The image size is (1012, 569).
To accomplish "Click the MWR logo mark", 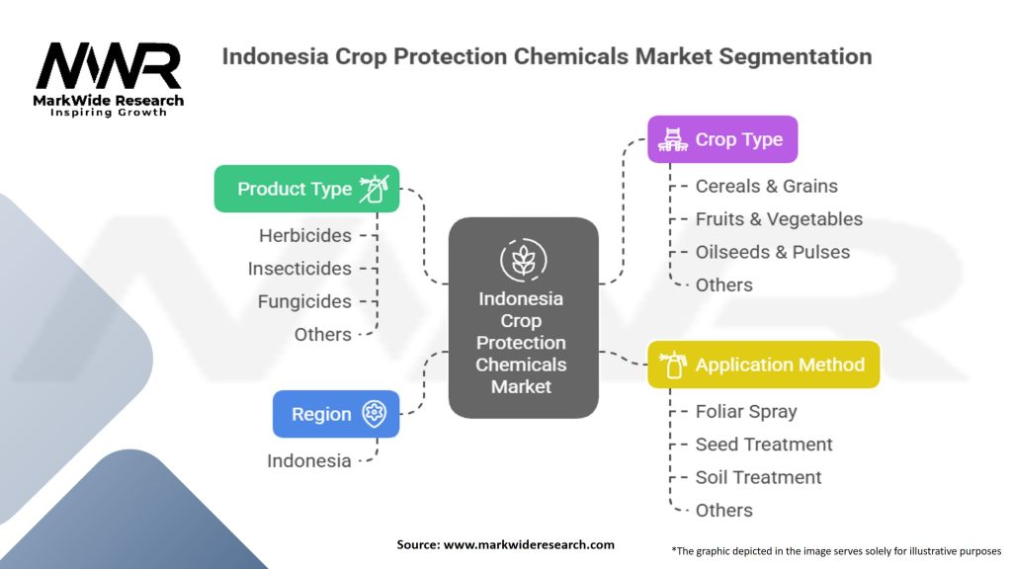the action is click(x=109, y=66).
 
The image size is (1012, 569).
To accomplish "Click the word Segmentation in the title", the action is click(x=796, y=56).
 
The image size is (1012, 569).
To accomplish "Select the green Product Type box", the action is click(x=306, y=189).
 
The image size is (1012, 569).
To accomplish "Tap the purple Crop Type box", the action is click(x=722, y=139).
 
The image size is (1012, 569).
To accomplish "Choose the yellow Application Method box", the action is click(x=764, y=365).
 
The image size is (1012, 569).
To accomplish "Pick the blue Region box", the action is click(x=336, y=414).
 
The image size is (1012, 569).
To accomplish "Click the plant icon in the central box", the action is click(x=524, y=260).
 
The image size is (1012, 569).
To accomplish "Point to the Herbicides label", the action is click(x=305, y=235).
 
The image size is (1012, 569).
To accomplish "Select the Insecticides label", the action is click(x=299, y=269).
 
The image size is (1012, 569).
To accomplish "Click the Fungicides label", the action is click(x=304, y=301).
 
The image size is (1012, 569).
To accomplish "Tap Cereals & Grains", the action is click(x=766, y=187).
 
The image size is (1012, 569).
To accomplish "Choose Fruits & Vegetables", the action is click(x=779, y=219).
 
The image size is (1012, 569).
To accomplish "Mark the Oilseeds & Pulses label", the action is click(x=773, y=252).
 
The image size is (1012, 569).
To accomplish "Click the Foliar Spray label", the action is click(x=746, y=412).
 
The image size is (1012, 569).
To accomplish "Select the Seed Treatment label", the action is click(x=764, y=445).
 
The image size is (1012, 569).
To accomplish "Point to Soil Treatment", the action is click(x=758, y=477).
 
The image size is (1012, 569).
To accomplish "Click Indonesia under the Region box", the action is click(x=309, y=460).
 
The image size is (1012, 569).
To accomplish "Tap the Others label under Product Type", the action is click(x=323, y=334).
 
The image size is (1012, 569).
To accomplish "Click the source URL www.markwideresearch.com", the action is click(x=529, y=544).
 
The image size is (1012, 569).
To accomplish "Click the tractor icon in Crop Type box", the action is click(x=672, y=139).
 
